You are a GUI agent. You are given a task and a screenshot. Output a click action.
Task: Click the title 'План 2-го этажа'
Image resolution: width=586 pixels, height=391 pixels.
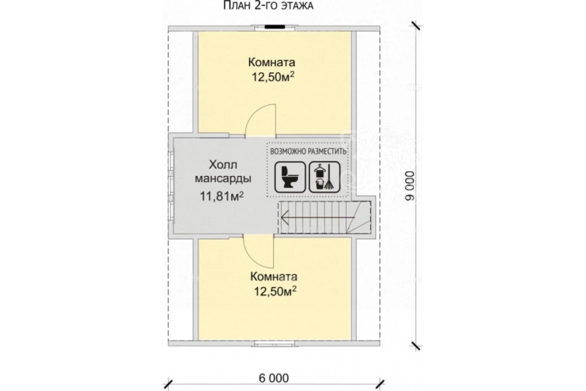pos(269,5)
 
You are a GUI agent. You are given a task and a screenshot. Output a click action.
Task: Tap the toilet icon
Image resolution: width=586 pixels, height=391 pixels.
pos(290,177)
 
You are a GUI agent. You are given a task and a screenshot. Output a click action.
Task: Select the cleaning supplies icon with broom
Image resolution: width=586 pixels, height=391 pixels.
pos(324,177)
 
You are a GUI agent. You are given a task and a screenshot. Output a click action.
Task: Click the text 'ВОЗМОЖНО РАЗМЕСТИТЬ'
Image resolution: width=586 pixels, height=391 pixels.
pos(308,152)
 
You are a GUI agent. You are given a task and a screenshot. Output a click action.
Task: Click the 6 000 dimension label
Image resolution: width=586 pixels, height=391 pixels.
pos(273,378)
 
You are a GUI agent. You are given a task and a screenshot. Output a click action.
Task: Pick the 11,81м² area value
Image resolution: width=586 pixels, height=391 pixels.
pos(222,195)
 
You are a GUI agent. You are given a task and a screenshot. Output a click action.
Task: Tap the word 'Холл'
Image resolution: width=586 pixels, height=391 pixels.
pos(223,164)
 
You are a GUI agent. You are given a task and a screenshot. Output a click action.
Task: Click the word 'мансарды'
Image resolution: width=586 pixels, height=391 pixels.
pos(223,178)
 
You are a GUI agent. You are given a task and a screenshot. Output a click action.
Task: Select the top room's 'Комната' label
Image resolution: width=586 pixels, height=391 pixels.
pos(272,62)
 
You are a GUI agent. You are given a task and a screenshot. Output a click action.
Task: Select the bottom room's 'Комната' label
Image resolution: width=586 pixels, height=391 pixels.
pos(274,277)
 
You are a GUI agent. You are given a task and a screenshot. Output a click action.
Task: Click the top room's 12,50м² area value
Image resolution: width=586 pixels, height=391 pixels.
pos(272,77)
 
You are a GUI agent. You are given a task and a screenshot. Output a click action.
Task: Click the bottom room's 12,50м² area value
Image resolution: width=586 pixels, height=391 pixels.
pos(275,291)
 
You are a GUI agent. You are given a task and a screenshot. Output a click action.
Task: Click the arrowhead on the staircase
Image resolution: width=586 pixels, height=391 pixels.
pos(285,217)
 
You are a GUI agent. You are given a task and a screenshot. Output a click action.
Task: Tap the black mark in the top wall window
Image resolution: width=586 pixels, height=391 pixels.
pos(274,26)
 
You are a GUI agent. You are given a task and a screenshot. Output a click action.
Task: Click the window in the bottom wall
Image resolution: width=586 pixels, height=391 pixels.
pos(274,343)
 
